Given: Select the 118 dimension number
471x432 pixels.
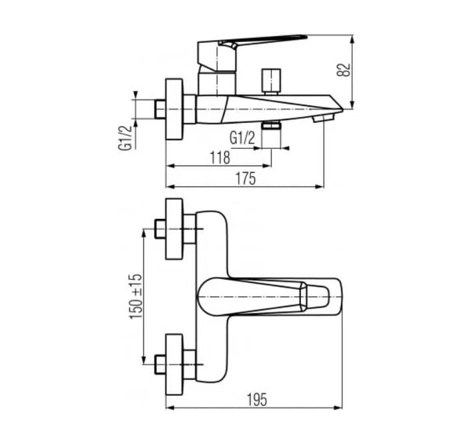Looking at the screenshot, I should click(x=219, y=157).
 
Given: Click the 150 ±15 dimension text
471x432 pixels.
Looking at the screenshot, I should click(x=136, y=295).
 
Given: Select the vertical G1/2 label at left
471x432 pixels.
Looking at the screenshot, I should click(x=125, y=136).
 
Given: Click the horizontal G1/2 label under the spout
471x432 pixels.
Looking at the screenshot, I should click(x=242, y=138).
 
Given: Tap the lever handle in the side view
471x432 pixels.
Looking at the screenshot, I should click(x=260, y=41).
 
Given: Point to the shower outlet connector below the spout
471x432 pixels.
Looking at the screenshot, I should click(x=271, y=125).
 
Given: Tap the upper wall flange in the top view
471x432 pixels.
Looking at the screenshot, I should click(x=174, y=229).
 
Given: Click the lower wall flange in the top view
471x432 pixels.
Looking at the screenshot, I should click(x=174, y=364).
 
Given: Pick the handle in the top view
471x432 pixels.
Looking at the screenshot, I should click(x=267, y=295).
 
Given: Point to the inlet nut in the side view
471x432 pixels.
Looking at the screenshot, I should click(x=159, y=108).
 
